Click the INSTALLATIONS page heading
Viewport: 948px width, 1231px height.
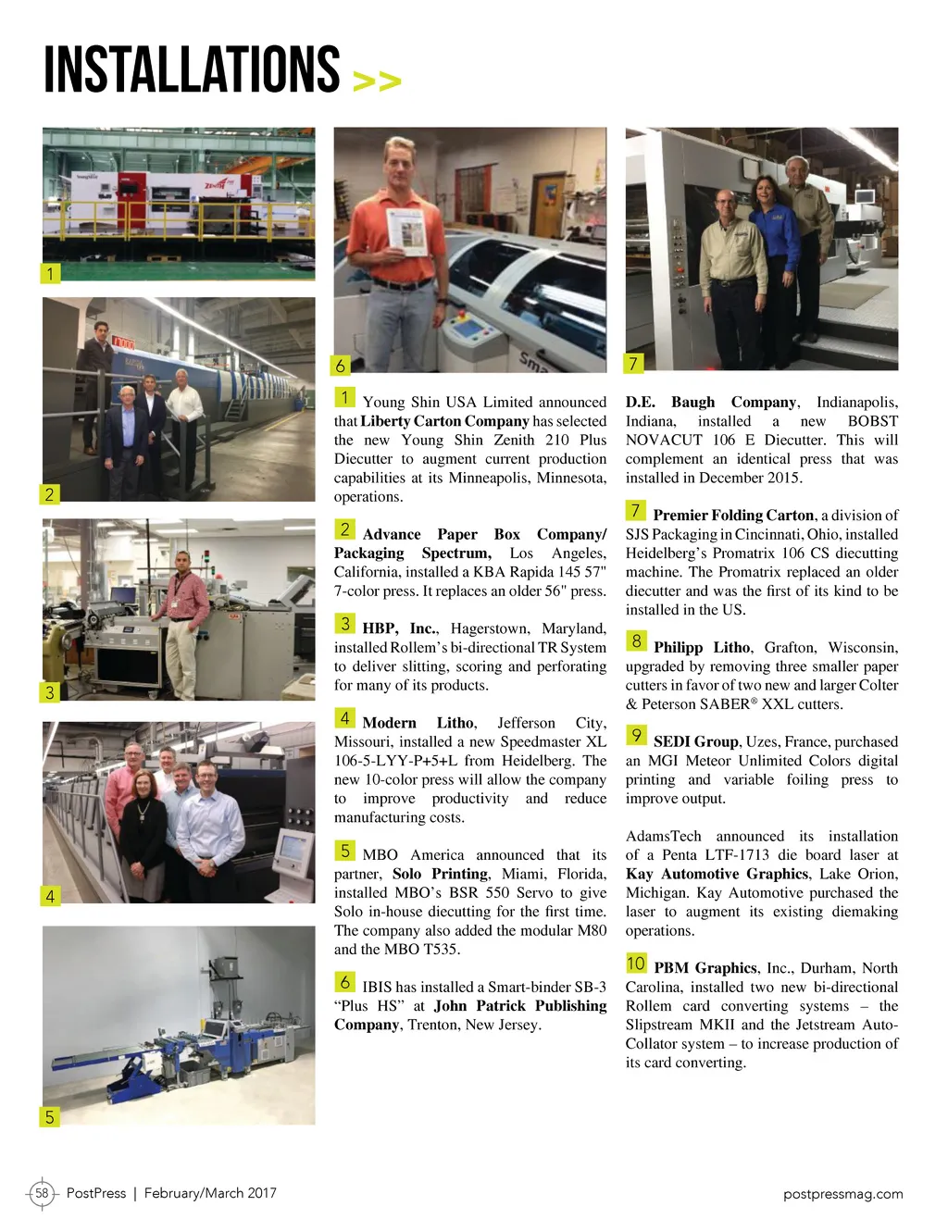point(192,69)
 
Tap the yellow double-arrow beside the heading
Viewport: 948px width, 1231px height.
point(377,82)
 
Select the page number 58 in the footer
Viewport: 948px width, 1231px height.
point(42,1193)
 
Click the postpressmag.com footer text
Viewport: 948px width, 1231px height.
point(842,1194)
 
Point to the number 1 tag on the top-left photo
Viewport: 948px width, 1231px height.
point(51,273)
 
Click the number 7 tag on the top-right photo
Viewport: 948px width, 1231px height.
point(633,363)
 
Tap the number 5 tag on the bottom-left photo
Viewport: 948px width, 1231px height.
point(50,1117)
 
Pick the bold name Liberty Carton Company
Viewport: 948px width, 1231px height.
point(444,421)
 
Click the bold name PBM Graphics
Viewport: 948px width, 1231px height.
point(705,968)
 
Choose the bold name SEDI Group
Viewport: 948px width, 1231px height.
point(695,742)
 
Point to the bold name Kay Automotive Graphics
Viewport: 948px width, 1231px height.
point(717,874)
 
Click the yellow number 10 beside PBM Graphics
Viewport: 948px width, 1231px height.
point(636,964)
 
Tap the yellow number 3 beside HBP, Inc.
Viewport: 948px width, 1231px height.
point(344,624)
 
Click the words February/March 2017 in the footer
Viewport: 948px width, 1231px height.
point(210,1193)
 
